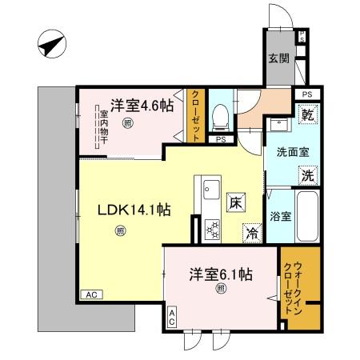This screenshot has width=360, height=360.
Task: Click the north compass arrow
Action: pos(50,45)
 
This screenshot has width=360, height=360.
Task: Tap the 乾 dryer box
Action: pos(306,116)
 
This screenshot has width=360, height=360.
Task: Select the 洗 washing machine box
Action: pos(306,174)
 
